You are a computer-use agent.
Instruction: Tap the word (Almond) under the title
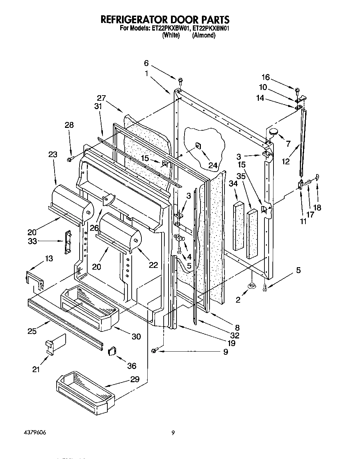204,35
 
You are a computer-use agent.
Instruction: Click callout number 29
135,379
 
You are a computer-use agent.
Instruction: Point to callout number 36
132,366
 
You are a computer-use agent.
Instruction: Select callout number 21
36,370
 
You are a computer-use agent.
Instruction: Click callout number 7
288,143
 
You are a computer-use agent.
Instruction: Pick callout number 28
69,125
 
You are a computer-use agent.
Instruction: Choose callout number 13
49,258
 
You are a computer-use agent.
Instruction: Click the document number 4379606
35,433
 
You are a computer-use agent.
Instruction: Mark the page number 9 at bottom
173,433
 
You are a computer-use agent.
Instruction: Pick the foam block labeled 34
239,225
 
